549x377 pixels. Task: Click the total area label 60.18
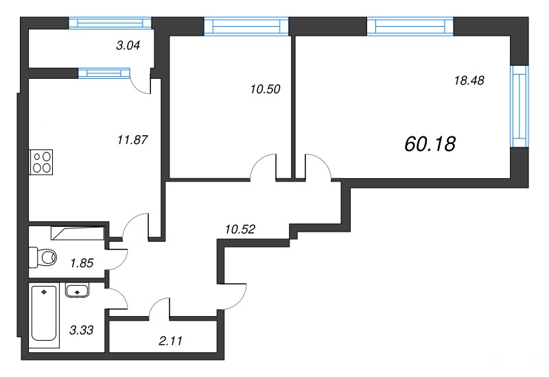pos(430,144)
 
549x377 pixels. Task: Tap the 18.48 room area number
pos(469,81)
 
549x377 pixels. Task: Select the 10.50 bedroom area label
pos(266,89)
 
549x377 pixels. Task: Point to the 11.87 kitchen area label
pos(132,141)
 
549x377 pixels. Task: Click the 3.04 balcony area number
pos(128,45)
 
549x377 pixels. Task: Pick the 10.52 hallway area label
pos(240,230)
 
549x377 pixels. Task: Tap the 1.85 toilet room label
pos(82,263)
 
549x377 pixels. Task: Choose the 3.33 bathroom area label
pos(82,330)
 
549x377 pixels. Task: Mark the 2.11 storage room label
pos(170,341)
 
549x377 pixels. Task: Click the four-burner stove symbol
pos(41,162)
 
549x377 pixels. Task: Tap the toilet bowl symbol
pos(43,257)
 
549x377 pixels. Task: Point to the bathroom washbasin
pos(77,290)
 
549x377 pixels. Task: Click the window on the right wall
pos(519,106)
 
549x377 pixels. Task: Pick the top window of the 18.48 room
pos(410,26)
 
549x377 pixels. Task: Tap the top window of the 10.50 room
pos(246,26)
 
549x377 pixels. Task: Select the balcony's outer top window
pos(110,23)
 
